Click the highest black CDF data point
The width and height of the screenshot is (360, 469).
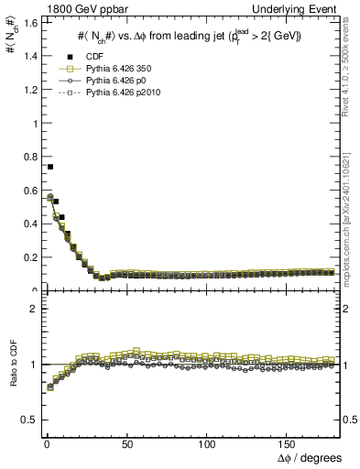(50, 167)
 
